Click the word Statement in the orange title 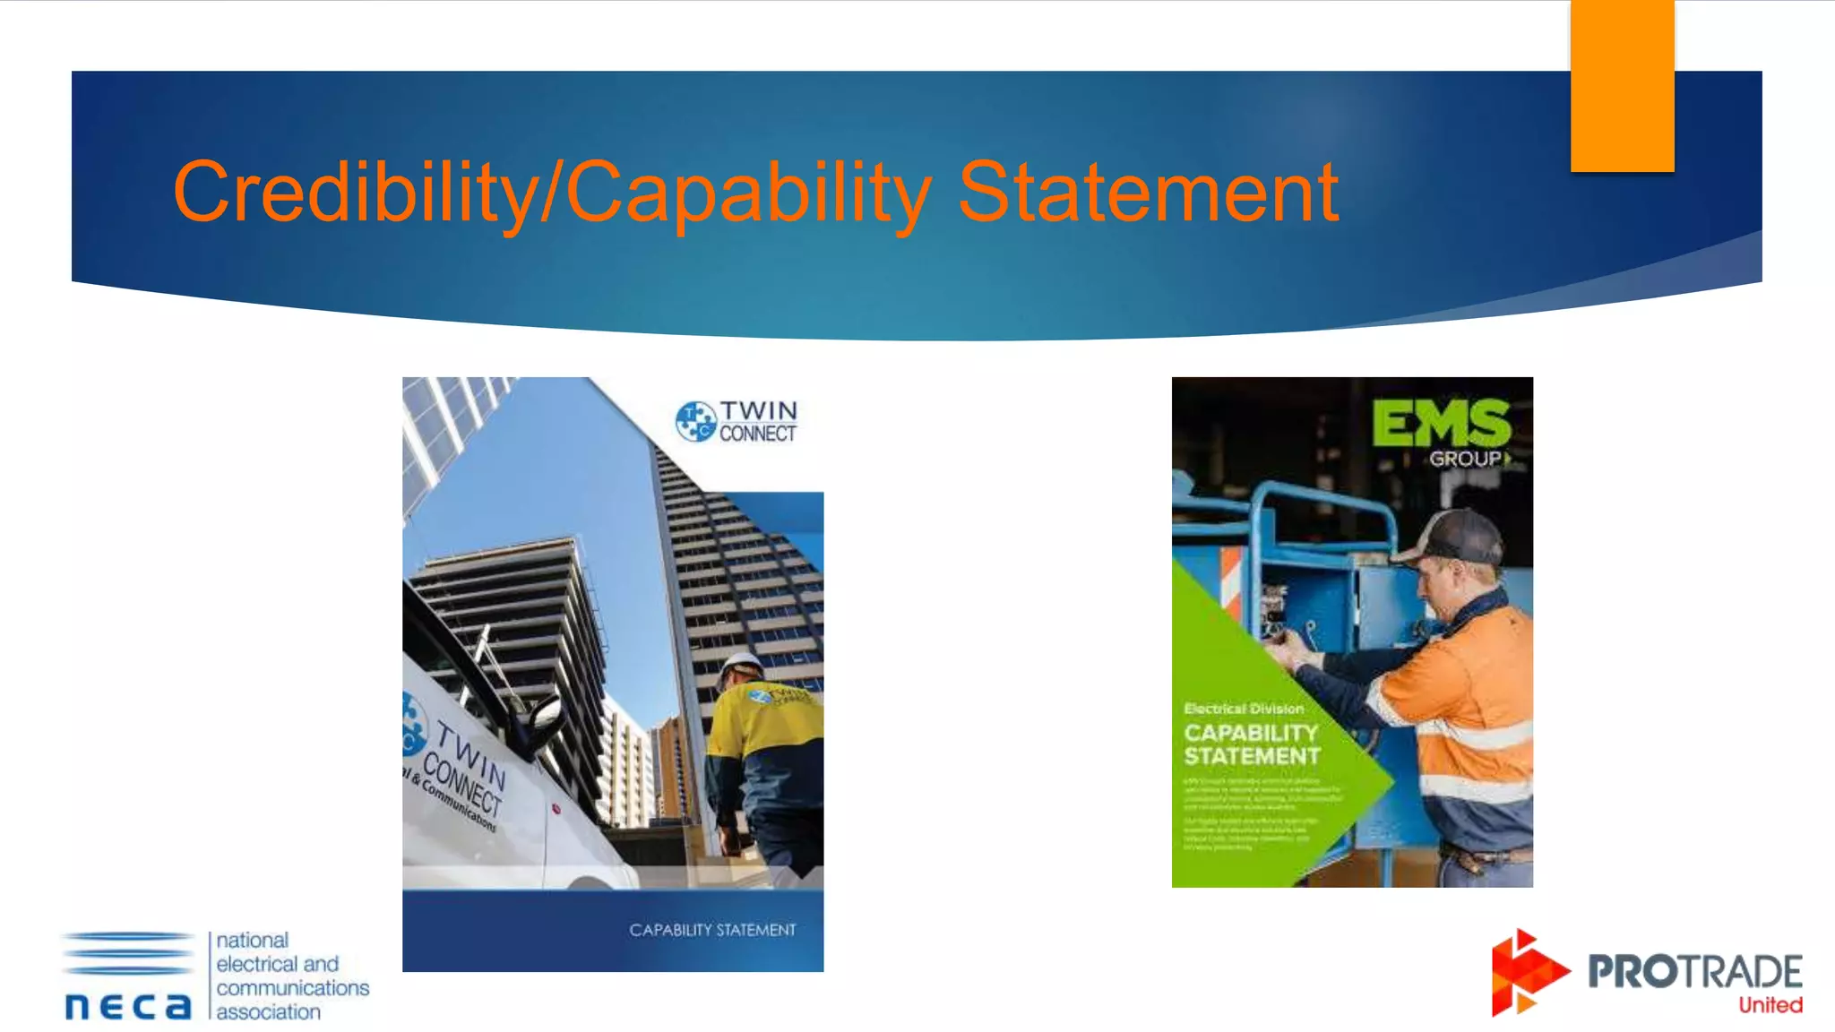(1149, 192)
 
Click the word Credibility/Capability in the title (552, 192)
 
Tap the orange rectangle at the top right (1622, 86)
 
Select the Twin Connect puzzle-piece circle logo (695, 421)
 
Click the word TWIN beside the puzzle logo (759, 410)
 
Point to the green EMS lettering (1441, 423)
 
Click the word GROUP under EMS (1464, 459)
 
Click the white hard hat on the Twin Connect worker (740, 667)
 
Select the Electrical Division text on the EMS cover (1244, 709)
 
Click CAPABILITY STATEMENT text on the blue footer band (712, 930)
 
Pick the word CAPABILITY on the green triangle (1251, 733)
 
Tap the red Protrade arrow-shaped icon (1527, 973)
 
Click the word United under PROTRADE (1770, 1005)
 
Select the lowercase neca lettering (128, 1006)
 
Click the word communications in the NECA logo (292, 988)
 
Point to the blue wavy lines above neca (128, 952)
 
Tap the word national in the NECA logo (253, 941)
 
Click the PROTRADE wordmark (1694, 972)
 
